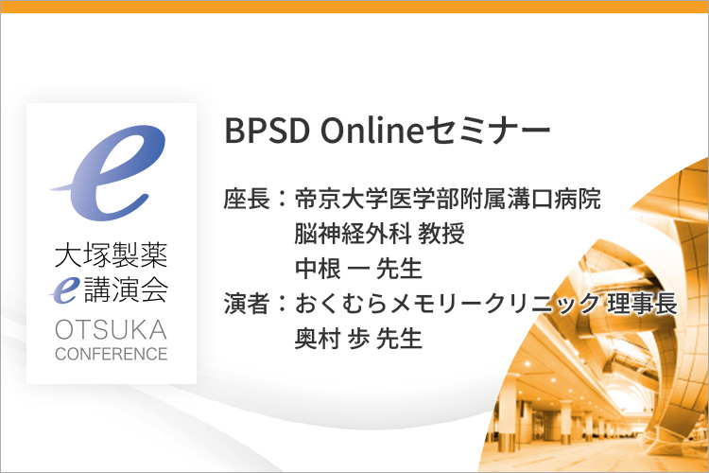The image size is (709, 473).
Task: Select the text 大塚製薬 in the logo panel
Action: [x=112, y=254]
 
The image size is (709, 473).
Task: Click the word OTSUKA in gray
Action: [x=112, y=329]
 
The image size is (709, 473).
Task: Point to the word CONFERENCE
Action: [x=112, y=354]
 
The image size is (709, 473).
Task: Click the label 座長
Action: [x=247, y=200]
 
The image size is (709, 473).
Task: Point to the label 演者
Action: [x=247, y=304]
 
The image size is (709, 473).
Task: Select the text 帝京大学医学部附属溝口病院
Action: [x=448, y=200]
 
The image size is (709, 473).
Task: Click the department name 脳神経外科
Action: [x=353, y=234]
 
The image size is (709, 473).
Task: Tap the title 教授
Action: [x=441, y=234]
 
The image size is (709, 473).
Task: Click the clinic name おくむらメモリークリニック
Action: [x=447, y=304]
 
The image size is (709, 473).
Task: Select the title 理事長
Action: [x=642, y=304]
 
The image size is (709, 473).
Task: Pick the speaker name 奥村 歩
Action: [x=333, y=338]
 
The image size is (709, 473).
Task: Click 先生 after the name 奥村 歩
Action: [x=399, y=338]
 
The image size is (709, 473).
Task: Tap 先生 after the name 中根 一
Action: [x=399, y=269]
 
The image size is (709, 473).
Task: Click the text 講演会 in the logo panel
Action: [x=126, y=289]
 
